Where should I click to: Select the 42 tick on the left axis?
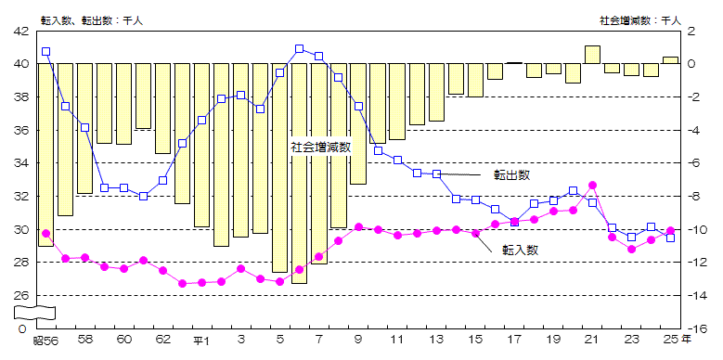[x=19, y=31]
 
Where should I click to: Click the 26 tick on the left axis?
[x=19, y=295]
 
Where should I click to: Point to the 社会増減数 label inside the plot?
[x=320, y=147]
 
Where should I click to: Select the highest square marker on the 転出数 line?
[x=299, y=48]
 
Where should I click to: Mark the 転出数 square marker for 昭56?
[x=45, y=52]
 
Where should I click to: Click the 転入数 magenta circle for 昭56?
[x=45, y=233]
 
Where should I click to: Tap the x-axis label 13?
[x=436, y=340]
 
